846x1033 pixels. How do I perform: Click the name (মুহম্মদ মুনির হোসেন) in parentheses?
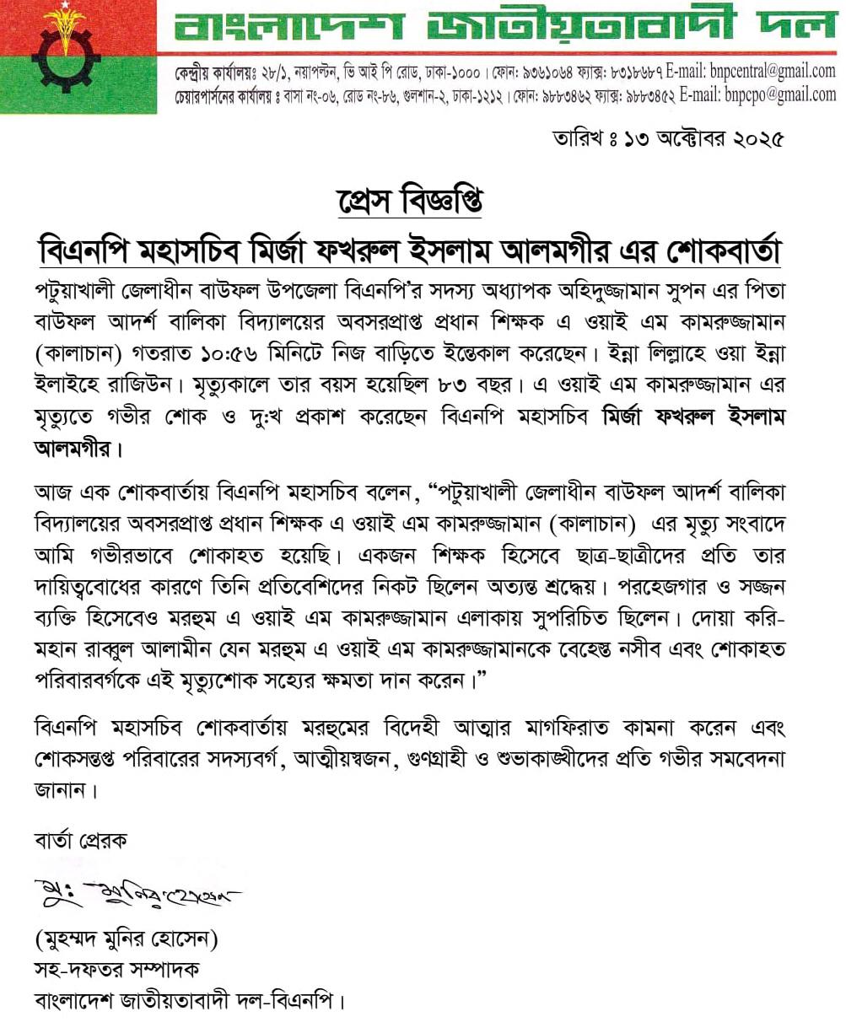pyautogui.click(x=132, y=939)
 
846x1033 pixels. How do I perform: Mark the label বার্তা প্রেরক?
pyautogui.click(x=81, y=840)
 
